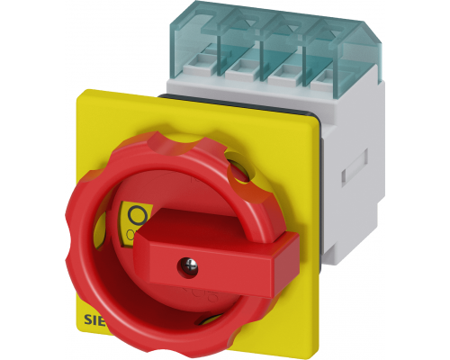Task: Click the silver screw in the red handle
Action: [189, 264]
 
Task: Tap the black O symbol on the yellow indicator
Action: [138, 215]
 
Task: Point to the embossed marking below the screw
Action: [191, 293]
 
